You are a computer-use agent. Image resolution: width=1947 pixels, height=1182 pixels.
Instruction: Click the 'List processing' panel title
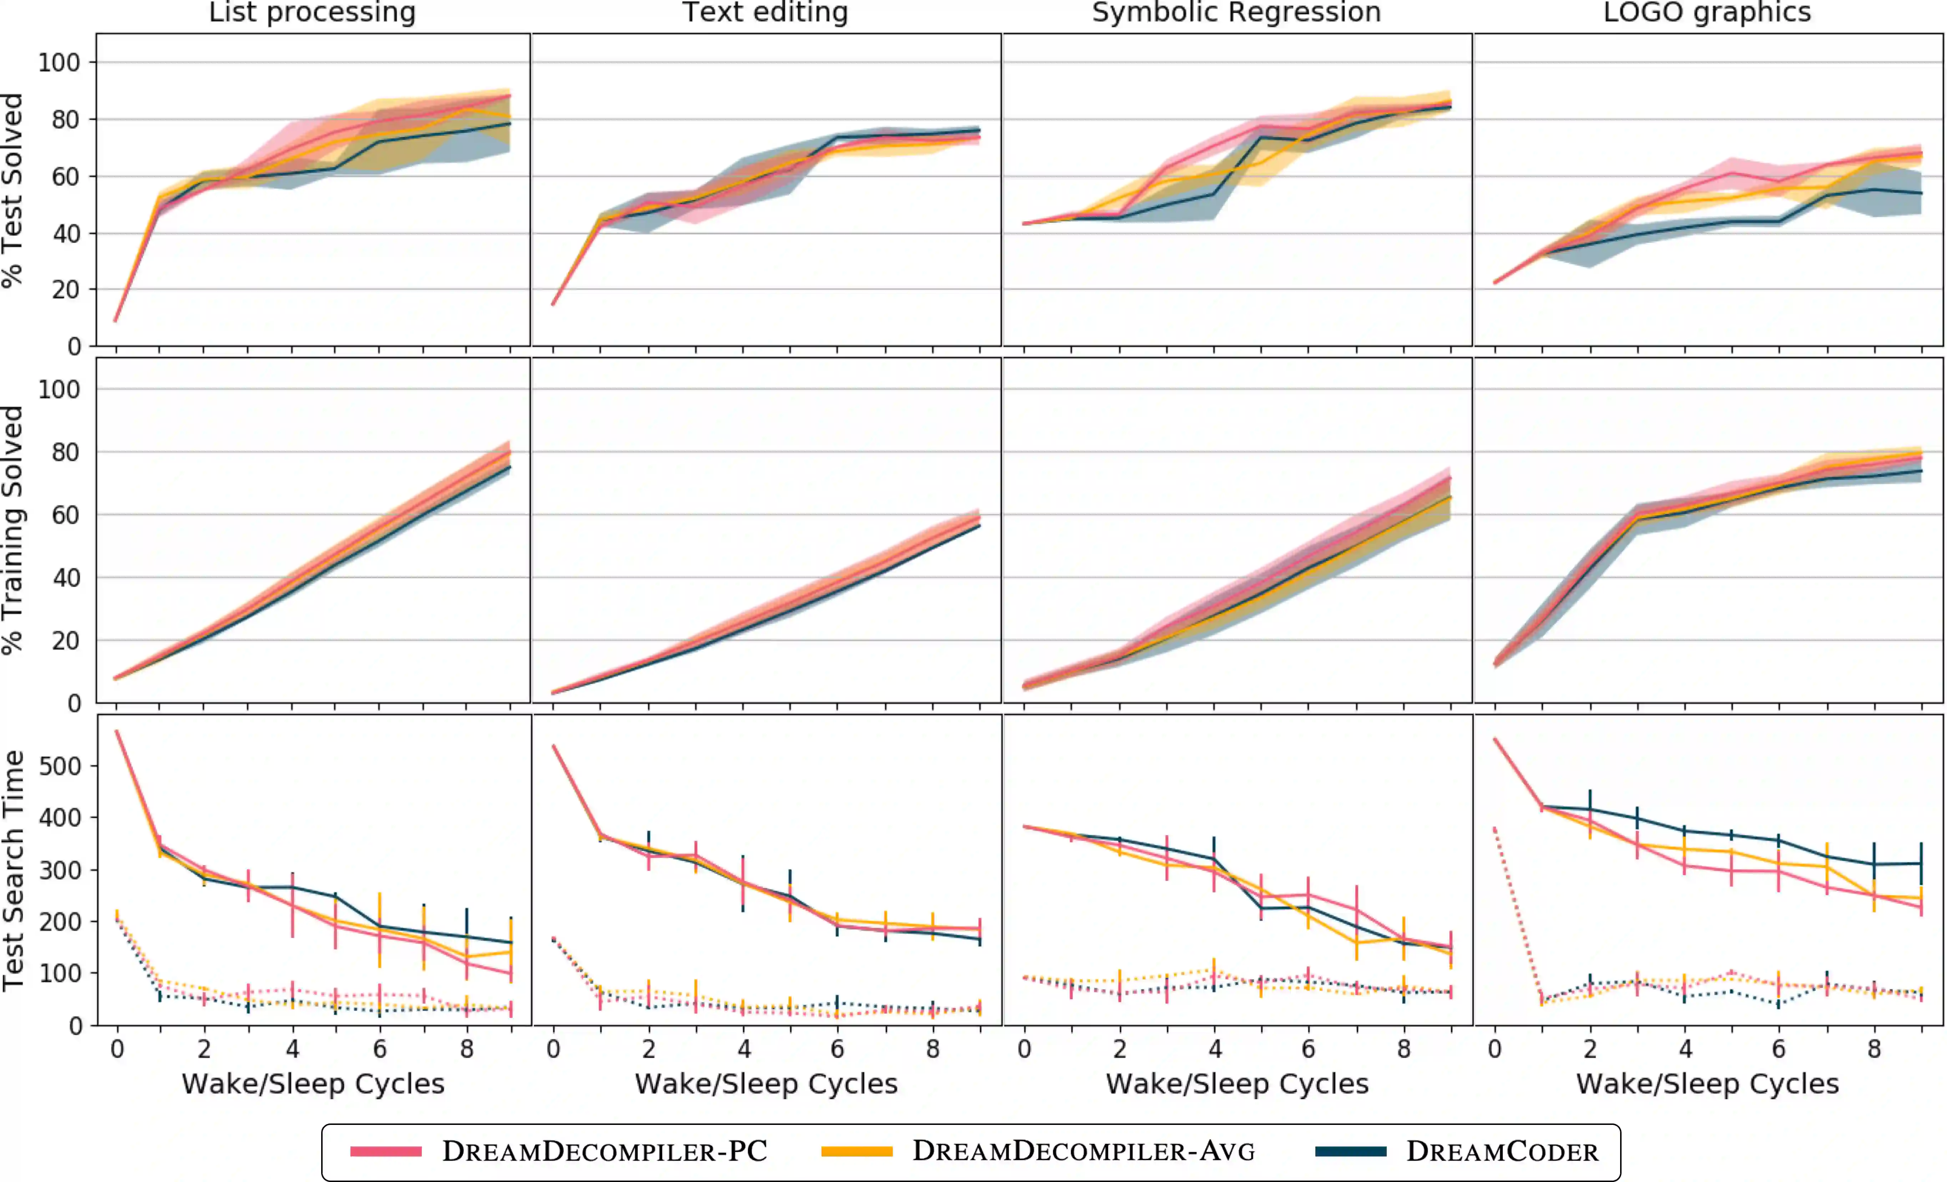click(312, 12)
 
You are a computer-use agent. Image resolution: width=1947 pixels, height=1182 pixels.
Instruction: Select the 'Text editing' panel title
click(765, 12)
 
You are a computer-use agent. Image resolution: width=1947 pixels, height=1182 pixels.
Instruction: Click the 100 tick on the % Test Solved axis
click(59, 62)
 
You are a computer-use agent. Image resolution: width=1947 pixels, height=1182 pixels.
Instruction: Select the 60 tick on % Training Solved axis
click(66, 515)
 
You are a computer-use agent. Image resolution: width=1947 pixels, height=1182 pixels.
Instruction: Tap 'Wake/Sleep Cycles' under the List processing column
click(313, 1083)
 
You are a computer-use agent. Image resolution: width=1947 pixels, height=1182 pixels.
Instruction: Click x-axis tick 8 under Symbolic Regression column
click(1404, 1049)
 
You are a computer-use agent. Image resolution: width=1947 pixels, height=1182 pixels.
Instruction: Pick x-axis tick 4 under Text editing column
click(744, 1049)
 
